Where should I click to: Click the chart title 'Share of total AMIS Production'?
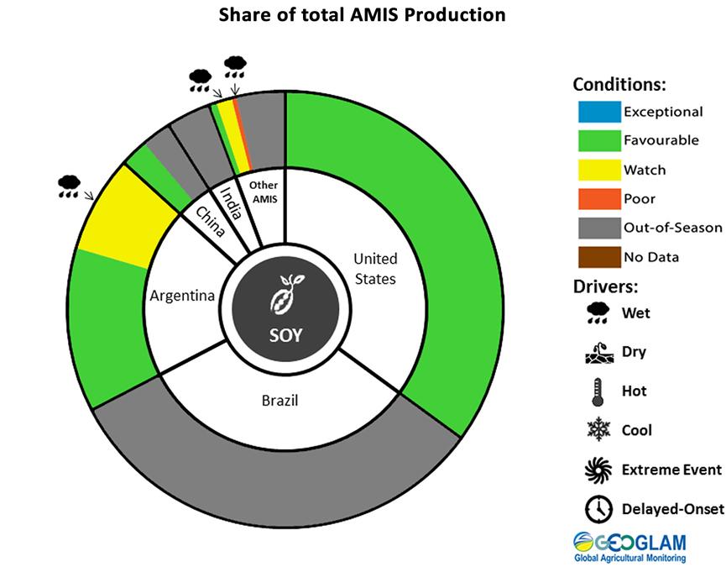click(363, 15)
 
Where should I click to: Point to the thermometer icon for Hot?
click(597, 392)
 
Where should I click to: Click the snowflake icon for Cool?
click(597, 431)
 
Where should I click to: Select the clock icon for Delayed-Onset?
click(597, 508)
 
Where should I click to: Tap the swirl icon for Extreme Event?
click(597, 470)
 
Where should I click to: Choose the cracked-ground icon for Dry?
click(597, 354)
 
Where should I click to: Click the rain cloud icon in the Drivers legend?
click(597, 314)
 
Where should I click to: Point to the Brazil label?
click(279, 401)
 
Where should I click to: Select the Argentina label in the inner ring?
click(182, 296)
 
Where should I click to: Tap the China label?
click(210, 220)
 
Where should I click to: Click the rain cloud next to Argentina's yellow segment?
click(70, 186)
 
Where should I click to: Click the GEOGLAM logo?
click(629, 545)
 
